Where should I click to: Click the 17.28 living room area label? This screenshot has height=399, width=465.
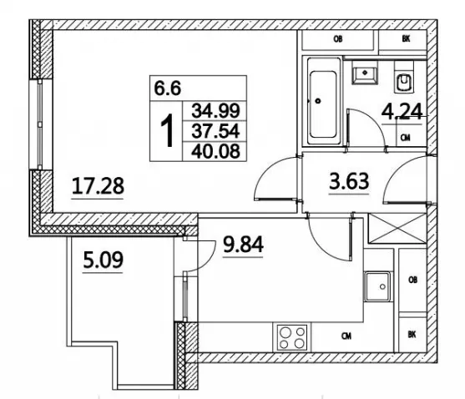pyautogui.click(x=98, y=186)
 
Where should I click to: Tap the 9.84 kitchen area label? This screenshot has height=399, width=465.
pyautogui.click(x=243, y=245)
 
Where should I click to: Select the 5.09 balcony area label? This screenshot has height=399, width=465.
pyautogui.click(x=103, y=260)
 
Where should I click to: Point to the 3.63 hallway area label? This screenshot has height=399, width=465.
pyautogui.click(x=349, y=181)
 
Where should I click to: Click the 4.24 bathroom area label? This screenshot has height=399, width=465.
pyautogui.click(x=402, y=112)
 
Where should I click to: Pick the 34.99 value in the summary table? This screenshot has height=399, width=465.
pyautogui.click(x=215, y=110)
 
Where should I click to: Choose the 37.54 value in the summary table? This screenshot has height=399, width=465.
pyautogui.click(x=215, y=131)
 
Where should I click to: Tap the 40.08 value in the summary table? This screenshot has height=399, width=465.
pyautogui.click(x=215, y=151)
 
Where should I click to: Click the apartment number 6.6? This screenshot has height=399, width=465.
pyautogui.click(x=168, y=88)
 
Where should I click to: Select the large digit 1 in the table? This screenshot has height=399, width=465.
pyautogui.click(x=167, y=130)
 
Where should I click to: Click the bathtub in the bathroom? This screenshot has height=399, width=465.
pyautogui.click(x=324, y=101)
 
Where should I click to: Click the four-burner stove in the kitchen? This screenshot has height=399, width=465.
pyautogui.click(x=292, y=336)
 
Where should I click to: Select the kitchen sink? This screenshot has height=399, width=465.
pyautogui.click(x=377, y=286)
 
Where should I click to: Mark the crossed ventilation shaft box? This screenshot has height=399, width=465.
pyautogui.click(x=397, y=228)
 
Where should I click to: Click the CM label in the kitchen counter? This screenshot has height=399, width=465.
pyautogui.click(x=346, y=336)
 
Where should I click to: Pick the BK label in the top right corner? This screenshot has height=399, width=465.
pyautogui.click(x=406, y=39)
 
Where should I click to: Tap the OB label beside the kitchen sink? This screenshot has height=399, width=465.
pyautogui.click(x=412, y=280)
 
